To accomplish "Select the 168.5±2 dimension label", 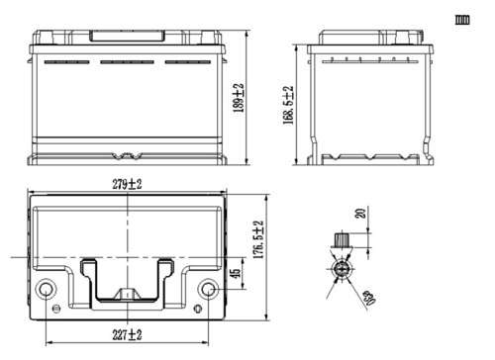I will (x=289, y=99).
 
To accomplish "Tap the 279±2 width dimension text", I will (x=130, y=185).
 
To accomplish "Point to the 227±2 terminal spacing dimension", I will (x=128, y=333).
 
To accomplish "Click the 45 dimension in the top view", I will (x=234, y=274).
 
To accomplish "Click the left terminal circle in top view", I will (x=46, y=290).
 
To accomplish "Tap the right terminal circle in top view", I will (x=208, y=290).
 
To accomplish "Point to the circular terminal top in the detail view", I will (x=342, y=268).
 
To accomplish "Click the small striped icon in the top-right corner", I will (x=461, y=19).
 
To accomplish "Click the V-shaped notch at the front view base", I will (x=128, y=155).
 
